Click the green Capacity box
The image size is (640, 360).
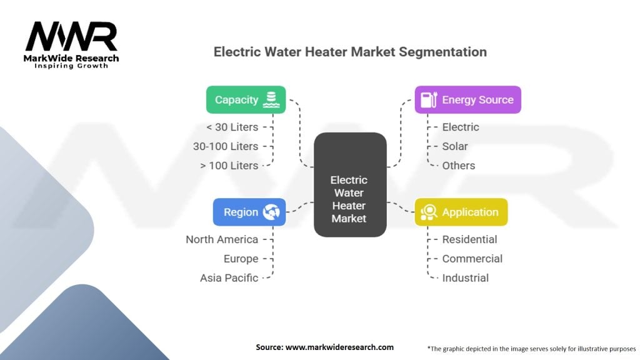point(246,99)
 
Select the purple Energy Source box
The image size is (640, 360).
point(467,99)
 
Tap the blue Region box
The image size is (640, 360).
point(249,212)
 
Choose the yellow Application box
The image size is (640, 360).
point(461,212)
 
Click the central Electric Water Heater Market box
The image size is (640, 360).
point(350,184)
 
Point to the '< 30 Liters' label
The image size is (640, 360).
point(232,127)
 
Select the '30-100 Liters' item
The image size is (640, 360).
point(226,146)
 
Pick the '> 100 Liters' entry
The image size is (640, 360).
point(229,165)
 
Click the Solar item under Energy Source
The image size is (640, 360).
point(455,146)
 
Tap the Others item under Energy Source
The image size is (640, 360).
point(458,165)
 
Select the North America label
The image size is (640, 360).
point(222,239)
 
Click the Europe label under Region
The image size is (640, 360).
point(241,259)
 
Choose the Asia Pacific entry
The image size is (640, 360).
point(229,278)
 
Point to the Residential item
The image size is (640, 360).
point(469,239)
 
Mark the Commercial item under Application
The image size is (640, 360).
point(472,259)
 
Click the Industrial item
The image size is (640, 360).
point(465,278)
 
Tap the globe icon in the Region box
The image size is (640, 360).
point(271,212)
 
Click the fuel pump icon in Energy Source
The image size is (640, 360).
point(429,99)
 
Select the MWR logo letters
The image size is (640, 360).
point(71,37)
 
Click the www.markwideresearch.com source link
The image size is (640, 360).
point(339,347)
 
